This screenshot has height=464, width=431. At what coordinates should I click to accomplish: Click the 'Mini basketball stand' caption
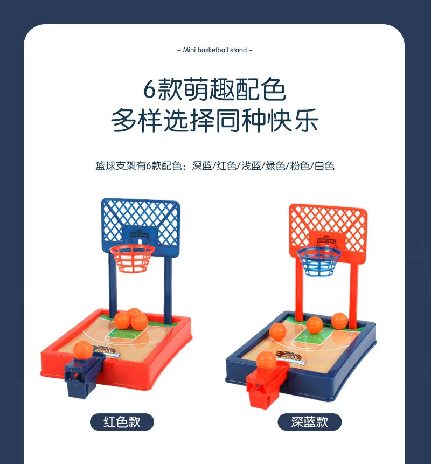click(215, 50)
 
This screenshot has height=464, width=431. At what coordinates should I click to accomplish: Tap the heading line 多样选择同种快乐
click(214, 121)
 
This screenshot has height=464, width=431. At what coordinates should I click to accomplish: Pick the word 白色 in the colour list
click(324, 166)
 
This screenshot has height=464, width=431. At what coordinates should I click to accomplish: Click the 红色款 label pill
click(122, 422)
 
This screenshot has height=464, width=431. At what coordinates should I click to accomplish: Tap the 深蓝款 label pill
click(309, 422)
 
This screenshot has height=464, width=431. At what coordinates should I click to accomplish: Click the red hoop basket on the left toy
click(132, 258)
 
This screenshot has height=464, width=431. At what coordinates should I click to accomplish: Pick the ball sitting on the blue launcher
click(82, 351)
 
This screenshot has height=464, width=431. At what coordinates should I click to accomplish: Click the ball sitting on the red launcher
click(266, 359)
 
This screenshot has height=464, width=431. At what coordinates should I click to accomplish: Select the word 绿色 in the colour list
click(274, 166)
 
